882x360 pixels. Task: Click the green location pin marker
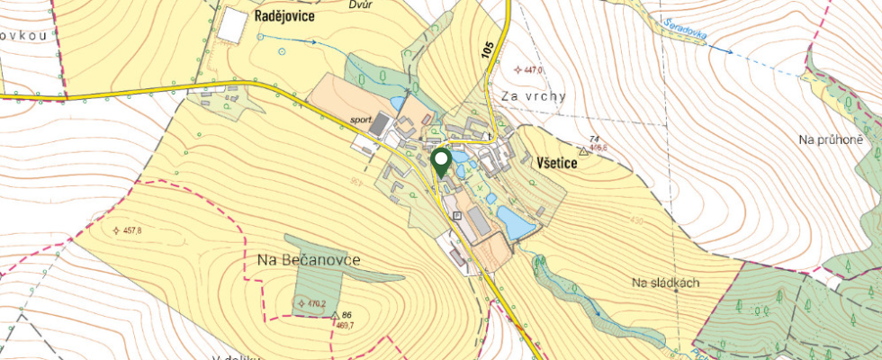pyautogui.click(x=442, y=162)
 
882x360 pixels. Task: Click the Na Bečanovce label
pyautogui.click(x=302, y=260)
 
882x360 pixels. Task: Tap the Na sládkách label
pyautogui.click(x=666, y=283)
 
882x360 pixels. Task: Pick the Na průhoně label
pyautogui.click(x=831, y=139)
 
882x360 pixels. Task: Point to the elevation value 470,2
pyautogui.click(x=316, y=304)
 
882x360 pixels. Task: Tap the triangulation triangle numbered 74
pyautogui.click(x=583, y=151)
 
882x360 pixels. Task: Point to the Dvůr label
pyautogui.click(x=360, y=4)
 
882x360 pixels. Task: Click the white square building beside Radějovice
pyautogui.click(x=231, y=24)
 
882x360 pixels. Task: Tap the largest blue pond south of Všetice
pyautogui.click(x=514, y=222)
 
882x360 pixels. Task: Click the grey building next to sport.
pyautogui.click(x=381, y=124)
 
